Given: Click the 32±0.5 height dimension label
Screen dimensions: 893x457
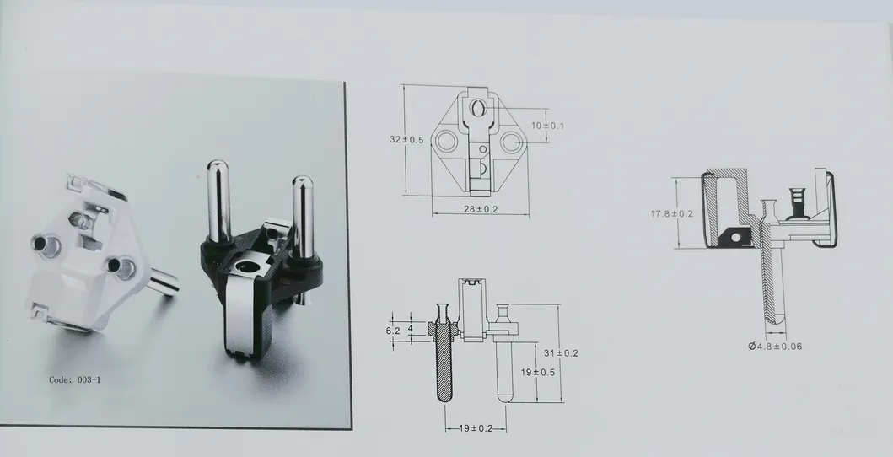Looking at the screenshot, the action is click(x=406, y=139).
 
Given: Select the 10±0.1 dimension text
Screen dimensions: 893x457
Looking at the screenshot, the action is click(x=547, y=125).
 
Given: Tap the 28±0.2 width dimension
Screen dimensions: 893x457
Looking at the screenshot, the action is click(x=481, y=209).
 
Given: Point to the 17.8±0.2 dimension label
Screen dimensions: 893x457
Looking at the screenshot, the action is click(x=671, y=213).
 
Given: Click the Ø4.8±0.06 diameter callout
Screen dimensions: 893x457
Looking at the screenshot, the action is click(x=775, y=346).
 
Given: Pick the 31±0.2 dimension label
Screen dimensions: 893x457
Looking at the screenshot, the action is click(x=561, y=352).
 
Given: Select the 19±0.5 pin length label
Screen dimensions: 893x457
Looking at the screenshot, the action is click(x=538, y=372).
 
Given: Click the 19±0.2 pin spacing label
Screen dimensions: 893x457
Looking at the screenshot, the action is click(x=476, y=428).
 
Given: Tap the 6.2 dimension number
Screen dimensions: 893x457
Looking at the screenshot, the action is click(x=393, y=330).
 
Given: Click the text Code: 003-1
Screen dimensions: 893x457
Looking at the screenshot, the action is click(x=74, y=379).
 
